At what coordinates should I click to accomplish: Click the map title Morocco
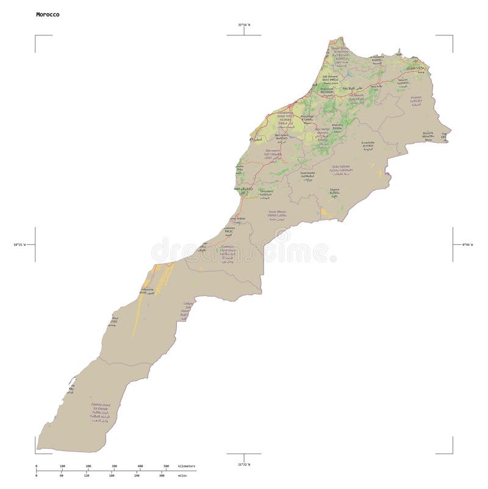pos(48,14)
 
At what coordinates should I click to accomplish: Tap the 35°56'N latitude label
pos(244,25)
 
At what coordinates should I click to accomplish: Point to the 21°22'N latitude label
pos(244,465)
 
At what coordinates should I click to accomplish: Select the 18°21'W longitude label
pos(21,245)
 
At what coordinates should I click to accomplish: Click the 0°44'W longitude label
pos(467,245)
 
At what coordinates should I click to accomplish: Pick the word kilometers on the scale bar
pos(187,466)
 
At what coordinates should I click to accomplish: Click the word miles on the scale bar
pos(182,475)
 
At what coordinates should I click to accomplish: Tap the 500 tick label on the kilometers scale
pos(166,466)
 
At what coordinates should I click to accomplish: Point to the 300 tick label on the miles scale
pos(161,475)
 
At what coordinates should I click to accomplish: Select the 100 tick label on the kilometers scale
pos(62,466)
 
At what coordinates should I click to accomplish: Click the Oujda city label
pos(415,68)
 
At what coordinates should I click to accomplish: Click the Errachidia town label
pos(367,142)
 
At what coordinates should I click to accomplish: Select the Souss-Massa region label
pos(277,212)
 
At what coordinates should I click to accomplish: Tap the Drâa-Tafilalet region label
pos(340,166)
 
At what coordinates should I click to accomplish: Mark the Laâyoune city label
pos(147,289)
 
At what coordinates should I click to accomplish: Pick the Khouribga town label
pos(307,116)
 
